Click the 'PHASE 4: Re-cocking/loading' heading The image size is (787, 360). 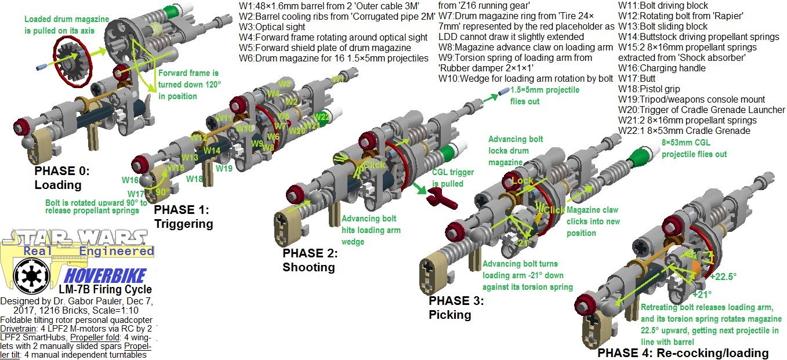683,353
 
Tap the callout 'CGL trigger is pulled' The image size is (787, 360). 453,177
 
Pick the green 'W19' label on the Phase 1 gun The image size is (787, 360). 224,168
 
